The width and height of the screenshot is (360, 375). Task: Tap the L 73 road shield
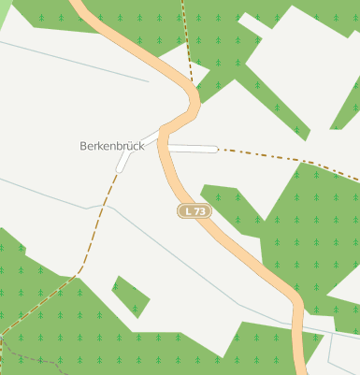click(194, 211)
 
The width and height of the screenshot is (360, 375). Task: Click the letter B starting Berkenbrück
click(84, 147)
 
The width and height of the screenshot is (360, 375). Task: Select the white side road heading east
click(193, 148)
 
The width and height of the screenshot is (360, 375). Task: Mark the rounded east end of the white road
click(216, 148)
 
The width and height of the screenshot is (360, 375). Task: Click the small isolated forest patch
click(130, 296)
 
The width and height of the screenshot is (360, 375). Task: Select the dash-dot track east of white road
click(281, 158)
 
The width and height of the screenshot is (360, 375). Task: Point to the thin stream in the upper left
click(75, 61)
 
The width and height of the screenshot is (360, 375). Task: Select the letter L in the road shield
click(189, 211)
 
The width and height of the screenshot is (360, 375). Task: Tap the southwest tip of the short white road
click(120, 169)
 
